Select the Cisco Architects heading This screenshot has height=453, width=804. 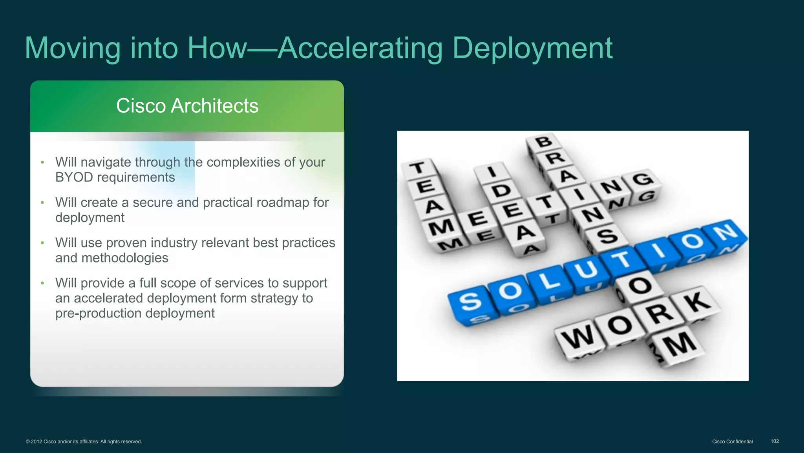tap(187, 106)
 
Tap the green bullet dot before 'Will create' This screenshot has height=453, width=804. tap(42, 203)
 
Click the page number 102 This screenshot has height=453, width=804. tap(775, 441)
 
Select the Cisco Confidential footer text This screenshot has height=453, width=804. tap(732, 442)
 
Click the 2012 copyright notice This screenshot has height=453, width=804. tap(84, 442)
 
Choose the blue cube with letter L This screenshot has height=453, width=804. tap(549, 281)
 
